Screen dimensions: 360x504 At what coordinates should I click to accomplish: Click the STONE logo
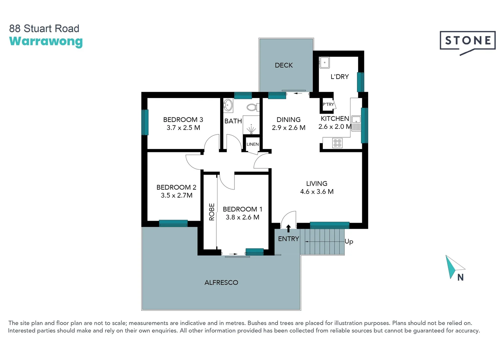467,41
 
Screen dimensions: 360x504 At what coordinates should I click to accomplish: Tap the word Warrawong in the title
46,41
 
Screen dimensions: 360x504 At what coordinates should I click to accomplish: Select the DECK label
284,65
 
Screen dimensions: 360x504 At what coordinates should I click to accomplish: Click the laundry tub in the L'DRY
325,62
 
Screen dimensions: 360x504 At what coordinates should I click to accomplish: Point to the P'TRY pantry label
328,104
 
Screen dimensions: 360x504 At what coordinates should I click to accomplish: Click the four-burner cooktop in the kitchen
337,143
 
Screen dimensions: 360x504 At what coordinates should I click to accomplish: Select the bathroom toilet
252,107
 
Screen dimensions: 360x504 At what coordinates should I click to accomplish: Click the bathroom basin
228,105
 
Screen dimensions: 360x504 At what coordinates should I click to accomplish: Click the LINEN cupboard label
253,144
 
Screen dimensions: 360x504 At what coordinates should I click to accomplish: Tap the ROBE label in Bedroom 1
212,212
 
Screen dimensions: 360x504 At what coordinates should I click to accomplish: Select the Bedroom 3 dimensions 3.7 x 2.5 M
183,128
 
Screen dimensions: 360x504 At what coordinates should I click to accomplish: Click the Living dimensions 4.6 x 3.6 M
317,192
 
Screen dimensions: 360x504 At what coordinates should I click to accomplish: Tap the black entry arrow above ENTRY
289,228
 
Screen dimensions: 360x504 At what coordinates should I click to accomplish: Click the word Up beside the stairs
349,241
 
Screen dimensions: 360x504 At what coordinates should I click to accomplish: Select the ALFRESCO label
221,283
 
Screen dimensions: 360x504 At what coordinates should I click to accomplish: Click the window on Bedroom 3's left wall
145,122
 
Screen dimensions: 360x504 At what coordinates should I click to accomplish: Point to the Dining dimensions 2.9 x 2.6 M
289,128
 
